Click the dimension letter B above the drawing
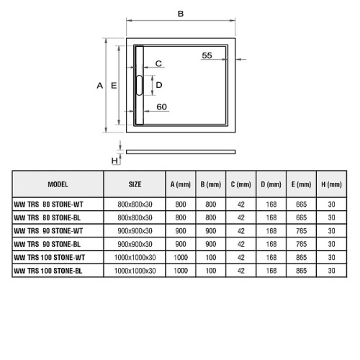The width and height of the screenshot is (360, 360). tap(181, 14)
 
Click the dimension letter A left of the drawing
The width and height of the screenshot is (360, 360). tap(100, 86)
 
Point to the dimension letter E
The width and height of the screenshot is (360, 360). tap(114, 86)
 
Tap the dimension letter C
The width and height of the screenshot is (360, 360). tap(158, 63)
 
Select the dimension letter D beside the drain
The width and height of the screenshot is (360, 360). tap(159, 85)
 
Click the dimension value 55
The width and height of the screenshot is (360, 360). tap(207, 55)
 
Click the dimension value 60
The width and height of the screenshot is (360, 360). tap(161, 107)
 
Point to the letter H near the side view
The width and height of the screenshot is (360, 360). tap(114, 161)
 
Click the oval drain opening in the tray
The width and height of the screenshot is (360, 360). tap(140, 85)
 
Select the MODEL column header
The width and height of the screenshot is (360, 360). tap(58, 184)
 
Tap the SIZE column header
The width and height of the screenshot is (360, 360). tap(135, 184)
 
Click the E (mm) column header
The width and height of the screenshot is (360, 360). tap(301, 184)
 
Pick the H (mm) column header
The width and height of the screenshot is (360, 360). tap(331, 184)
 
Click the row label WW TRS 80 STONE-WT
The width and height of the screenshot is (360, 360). tap(48, 204)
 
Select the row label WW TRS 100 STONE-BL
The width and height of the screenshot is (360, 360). tap(48, 271)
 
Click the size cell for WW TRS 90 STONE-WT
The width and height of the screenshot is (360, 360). tap(135, 231)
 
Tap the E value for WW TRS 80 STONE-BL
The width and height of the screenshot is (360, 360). tap(301, 217)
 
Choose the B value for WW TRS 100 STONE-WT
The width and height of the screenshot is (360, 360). tap(211, 258)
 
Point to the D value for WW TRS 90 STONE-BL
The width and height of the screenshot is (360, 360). tap(271, 244)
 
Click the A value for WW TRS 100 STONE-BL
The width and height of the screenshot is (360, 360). tap(181, 271)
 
